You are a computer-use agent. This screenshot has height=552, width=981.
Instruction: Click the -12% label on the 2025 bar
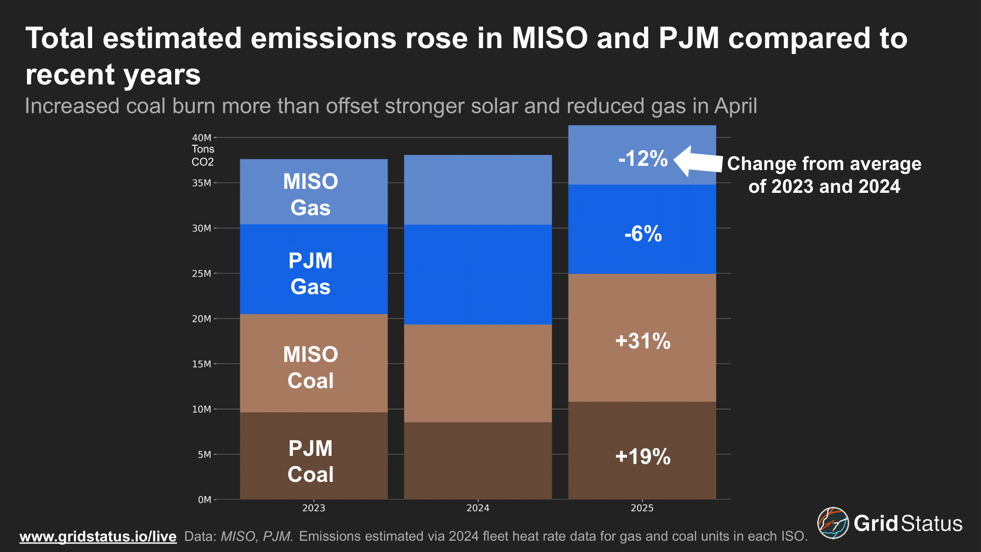(643, 159)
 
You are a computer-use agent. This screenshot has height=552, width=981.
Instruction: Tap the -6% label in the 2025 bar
(643, 234)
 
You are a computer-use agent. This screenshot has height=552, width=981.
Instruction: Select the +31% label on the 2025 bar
(643, 341)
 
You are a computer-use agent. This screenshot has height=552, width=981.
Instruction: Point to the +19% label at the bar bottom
(643, 457)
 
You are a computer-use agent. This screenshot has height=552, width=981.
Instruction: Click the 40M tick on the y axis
(202, 138)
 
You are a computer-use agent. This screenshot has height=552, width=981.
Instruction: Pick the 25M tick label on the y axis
(202, 274)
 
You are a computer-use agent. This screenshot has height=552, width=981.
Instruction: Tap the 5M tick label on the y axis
(204, 455)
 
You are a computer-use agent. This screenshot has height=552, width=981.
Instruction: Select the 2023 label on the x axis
(313, 508)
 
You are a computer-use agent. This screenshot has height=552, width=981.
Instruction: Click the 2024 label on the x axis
(478, 508)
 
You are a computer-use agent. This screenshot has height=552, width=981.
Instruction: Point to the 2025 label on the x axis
(642, 508)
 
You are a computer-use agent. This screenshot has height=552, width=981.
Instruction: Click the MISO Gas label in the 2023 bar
(310, 195)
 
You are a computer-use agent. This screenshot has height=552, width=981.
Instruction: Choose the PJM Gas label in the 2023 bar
(310, 274)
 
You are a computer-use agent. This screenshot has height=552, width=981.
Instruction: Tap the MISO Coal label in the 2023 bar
(310, 368)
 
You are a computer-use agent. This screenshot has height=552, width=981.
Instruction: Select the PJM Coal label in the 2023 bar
(310, 462)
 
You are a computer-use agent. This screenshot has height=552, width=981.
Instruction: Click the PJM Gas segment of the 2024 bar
(478, 275)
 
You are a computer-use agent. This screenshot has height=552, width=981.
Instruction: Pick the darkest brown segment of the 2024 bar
(478, 461)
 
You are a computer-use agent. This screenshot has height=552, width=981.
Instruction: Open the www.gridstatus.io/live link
(98, 536)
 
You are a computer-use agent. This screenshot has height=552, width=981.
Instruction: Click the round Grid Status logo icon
(832, 523)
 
